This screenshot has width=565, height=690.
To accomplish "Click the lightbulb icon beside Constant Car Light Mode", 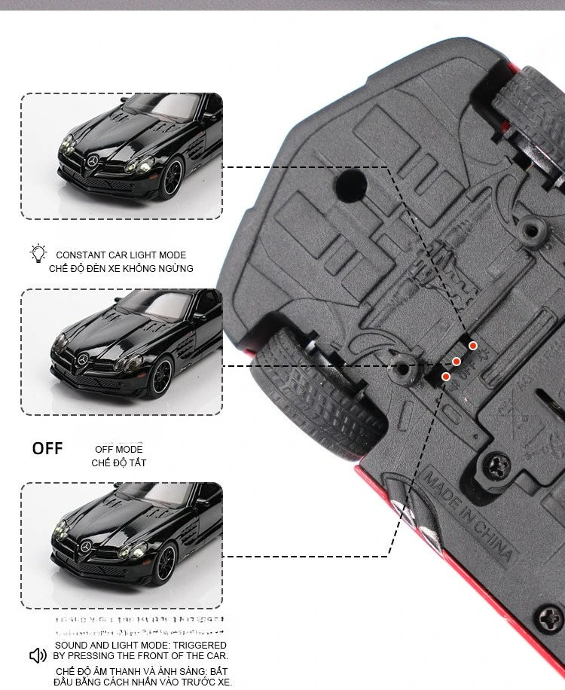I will pos(38,254).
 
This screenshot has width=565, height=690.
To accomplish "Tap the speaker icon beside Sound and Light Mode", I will pos(38,655).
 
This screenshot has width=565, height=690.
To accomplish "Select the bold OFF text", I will pos(47,448).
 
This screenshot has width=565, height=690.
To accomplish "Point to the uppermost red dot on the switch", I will pos(473,346).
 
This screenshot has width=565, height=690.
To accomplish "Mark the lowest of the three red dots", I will pos(446,376).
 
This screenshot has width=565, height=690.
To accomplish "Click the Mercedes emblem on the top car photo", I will pos(93,162).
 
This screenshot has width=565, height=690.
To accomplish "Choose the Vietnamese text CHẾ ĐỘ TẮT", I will pos(119,463).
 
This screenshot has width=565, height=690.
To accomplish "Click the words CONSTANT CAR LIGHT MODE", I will pos(121,255).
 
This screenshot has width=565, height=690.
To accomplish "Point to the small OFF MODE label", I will pos(118,449).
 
